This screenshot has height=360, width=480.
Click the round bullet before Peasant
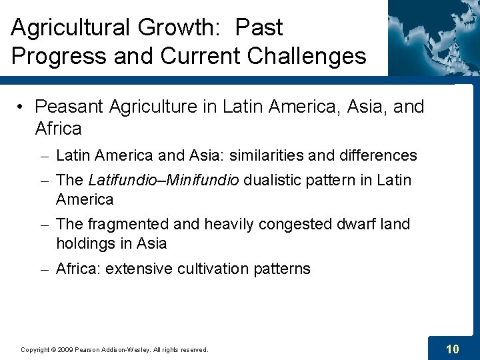[22, 107]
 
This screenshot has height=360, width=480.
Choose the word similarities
[267, 156]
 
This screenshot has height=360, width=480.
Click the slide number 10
[452, 349]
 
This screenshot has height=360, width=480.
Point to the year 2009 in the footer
[66, 349]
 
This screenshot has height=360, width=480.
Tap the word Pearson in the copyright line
[89, 349]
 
